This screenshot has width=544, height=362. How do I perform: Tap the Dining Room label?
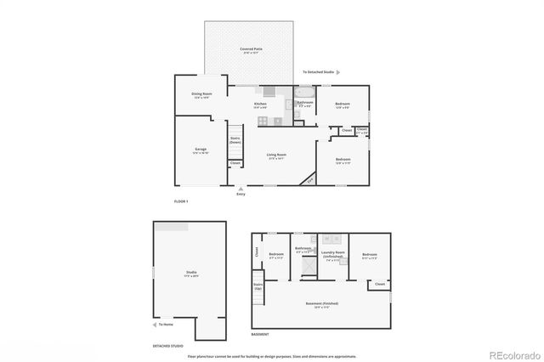pos(201,96)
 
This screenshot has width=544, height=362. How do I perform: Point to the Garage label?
pos(201,150)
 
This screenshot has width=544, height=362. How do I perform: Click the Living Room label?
pos(276,156)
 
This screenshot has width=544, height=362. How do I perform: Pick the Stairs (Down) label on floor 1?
pos(235,141)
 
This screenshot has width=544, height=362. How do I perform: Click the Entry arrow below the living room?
pos(241,189)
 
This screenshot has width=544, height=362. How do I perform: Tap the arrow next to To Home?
pos(156,325)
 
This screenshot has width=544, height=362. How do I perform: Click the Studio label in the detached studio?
pos(191,274)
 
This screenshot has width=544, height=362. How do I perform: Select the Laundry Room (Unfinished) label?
pos(332,254)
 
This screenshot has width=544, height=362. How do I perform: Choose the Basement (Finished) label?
pos(321,303)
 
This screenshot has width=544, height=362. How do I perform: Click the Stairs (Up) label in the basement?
pos(257,287)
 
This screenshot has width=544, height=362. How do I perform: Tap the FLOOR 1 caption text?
pos(180,201)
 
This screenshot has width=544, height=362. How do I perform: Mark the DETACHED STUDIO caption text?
pos(167,347)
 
